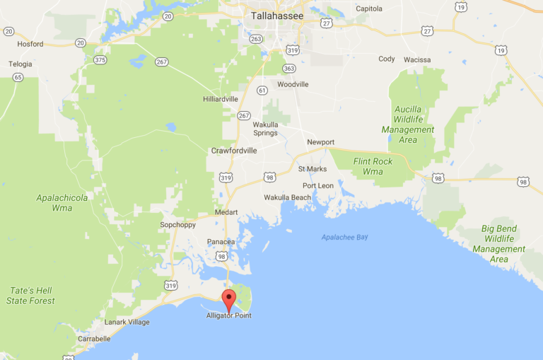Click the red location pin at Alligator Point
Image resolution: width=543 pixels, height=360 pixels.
(229, 298)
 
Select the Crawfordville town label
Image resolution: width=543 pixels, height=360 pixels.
(233, 151)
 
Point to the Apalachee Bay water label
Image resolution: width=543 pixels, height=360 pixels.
(344, 238)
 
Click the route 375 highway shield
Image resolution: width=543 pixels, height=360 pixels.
(100, 60)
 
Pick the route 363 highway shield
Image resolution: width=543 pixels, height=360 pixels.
(288, 69)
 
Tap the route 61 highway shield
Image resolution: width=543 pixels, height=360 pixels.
(262, 90)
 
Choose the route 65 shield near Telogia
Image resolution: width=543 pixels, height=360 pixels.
(18, 77)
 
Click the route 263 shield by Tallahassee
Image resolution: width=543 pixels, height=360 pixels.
(256, 39)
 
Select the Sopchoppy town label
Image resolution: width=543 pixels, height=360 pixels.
(177, 225)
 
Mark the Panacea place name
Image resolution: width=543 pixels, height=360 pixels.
(221, 242)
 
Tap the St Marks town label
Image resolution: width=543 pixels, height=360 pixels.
(312, 169)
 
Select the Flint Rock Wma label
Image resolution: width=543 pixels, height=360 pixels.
(373, 166)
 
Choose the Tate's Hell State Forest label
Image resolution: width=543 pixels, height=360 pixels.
(31, 296)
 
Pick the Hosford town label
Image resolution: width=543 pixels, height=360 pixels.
(30, 44)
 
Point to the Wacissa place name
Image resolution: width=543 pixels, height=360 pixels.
(417, 60)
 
